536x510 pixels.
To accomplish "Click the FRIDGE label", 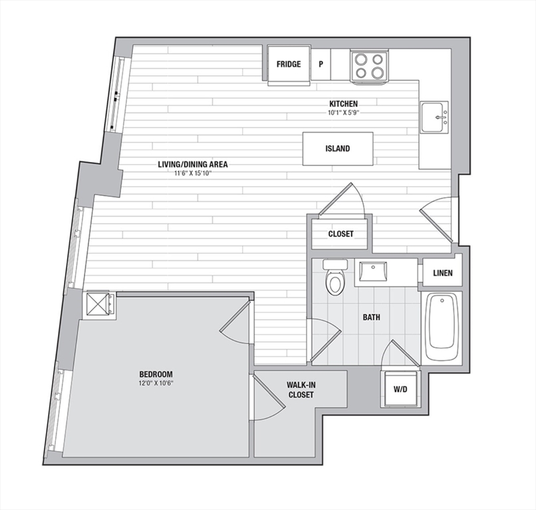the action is coord(289,64).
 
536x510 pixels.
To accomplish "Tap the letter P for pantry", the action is coord(321,64).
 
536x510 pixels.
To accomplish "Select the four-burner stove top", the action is coord(368,66).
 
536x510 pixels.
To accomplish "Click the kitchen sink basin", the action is coord(434,117).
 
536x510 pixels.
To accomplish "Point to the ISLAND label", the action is coord(337,149).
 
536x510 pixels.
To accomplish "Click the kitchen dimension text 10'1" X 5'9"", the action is coord(344,112).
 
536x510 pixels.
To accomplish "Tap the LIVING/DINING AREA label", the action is coord(193,165).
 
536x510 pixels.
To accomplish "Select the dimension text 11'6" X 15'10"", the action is coord(193,173).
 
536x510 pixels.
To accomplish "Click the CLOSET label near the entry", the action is coord(340,234).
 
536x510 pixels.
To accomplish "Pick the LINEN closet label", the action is coord(443,273).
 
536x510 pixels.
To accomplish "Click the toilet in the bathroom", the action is coord(335,277).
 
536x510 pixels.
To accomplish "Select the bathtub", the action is coord(442,327).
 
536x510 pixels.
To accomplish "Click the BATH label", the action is coord(371,317).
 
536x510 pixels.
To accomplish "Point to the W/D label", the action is coord(400,389).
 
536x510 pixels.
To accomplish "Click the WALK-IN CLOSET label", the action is coord(301,390).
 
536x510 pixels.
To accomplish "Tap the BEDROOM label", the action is coord(156,375).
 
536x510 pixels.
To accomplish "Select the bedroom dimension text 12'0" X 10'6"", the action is coord(156,383).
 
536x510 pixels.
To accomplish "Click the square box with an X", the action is coord(99,305).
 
